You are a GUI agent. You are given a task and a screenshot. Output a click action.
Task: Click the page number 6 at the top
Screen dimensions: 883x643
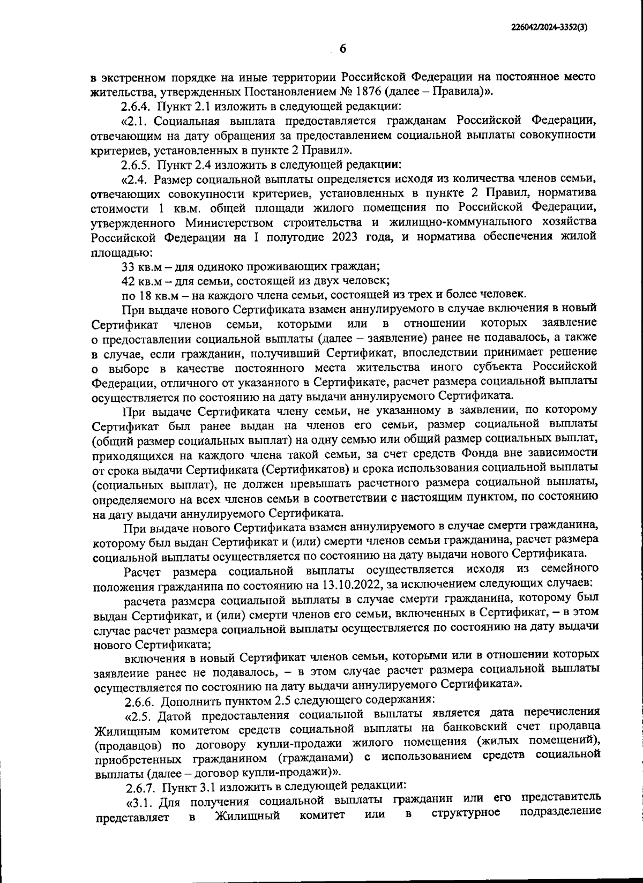click(x=343, y=49)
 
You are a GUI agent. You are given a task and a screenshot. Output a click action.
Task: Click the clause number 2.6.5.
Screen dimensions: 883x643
click(x=137, y=163)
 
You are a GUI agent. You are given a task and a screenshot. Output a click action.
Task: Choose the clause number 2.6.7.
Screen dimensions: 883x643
click(x=140, y=786)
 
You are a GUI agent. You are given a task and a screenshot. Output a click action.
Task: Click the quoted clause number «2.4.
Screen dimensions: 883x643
click(x=136, y=178)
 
